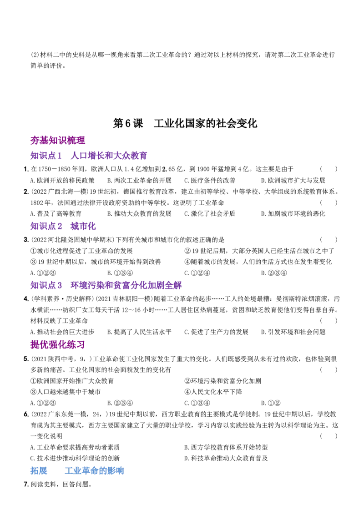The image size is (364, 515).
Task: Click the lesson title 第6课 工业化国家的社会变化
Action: pyautogui.click(x=185, y=123)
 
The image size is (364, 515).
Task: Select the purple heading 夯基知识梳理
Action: pyautogui.click(x=57, y=141)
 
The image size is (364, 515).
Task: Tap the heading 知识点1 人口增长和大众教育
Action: pyautogui.click(x=89, y=155)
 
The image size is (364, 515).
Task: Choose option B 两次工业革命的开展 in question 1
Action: pyautogui.click(x=139, y=180)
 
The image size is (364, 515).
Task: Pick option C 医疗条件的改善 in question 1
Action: pyautogui.click(x=210, y=180)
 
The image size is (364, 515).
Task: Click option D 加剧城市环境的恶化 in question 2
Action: pyautogui.click(x=293, y=214)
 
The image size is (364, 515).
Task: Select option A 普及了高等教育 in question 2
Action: pyautogui.click(x=56, y=214)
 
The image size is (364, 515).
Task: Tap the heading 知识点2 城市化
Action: pyautogui.click(x=63, y=226)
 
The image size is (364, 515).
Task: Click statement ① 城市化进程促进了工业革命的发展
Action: pyautogui.click(x=81, y=251)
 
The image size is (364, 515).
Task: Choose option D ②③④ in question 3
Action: pyautogui.click(x=274, y=273)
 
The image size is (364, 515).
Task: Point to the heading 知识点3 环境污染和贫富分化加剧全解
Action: pyautogui.click(x=106, y=285)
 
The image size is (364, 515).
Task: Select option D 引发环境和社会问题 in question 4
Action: pyautogui.click(x=293, y=332)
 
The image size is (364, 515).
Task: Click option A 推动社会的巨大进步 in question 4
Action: pyautogui.click(x=62, y=332)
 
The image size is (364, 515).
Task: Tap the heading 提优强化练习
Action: pyautogui.click(x=57, y=344)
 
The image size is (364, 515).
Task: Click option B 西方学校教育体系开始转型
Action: pyautogui.click(x=226, y=447)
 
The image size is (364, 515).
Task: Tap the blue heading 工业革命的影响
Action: pyautogui.click(x=94, y=471)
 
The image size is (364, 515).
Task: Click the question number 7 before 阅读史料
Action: pyautogui.click(x=26, y=485)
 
